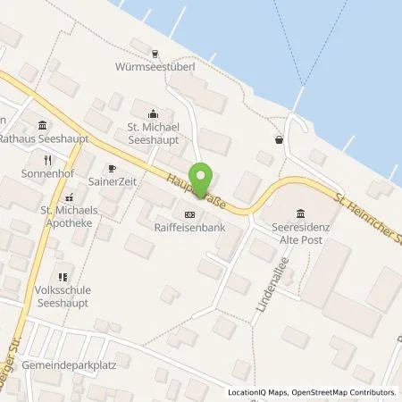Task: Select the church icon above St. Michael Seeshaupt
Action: (153, 113)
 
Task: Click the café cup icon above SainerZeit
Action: (112, 167)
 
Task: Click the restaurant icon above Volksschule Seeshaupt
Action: (62, 277)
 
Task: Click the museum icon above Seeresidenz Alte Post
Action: (298, 213)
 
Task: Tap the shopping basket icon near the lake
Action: (280, 139)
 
